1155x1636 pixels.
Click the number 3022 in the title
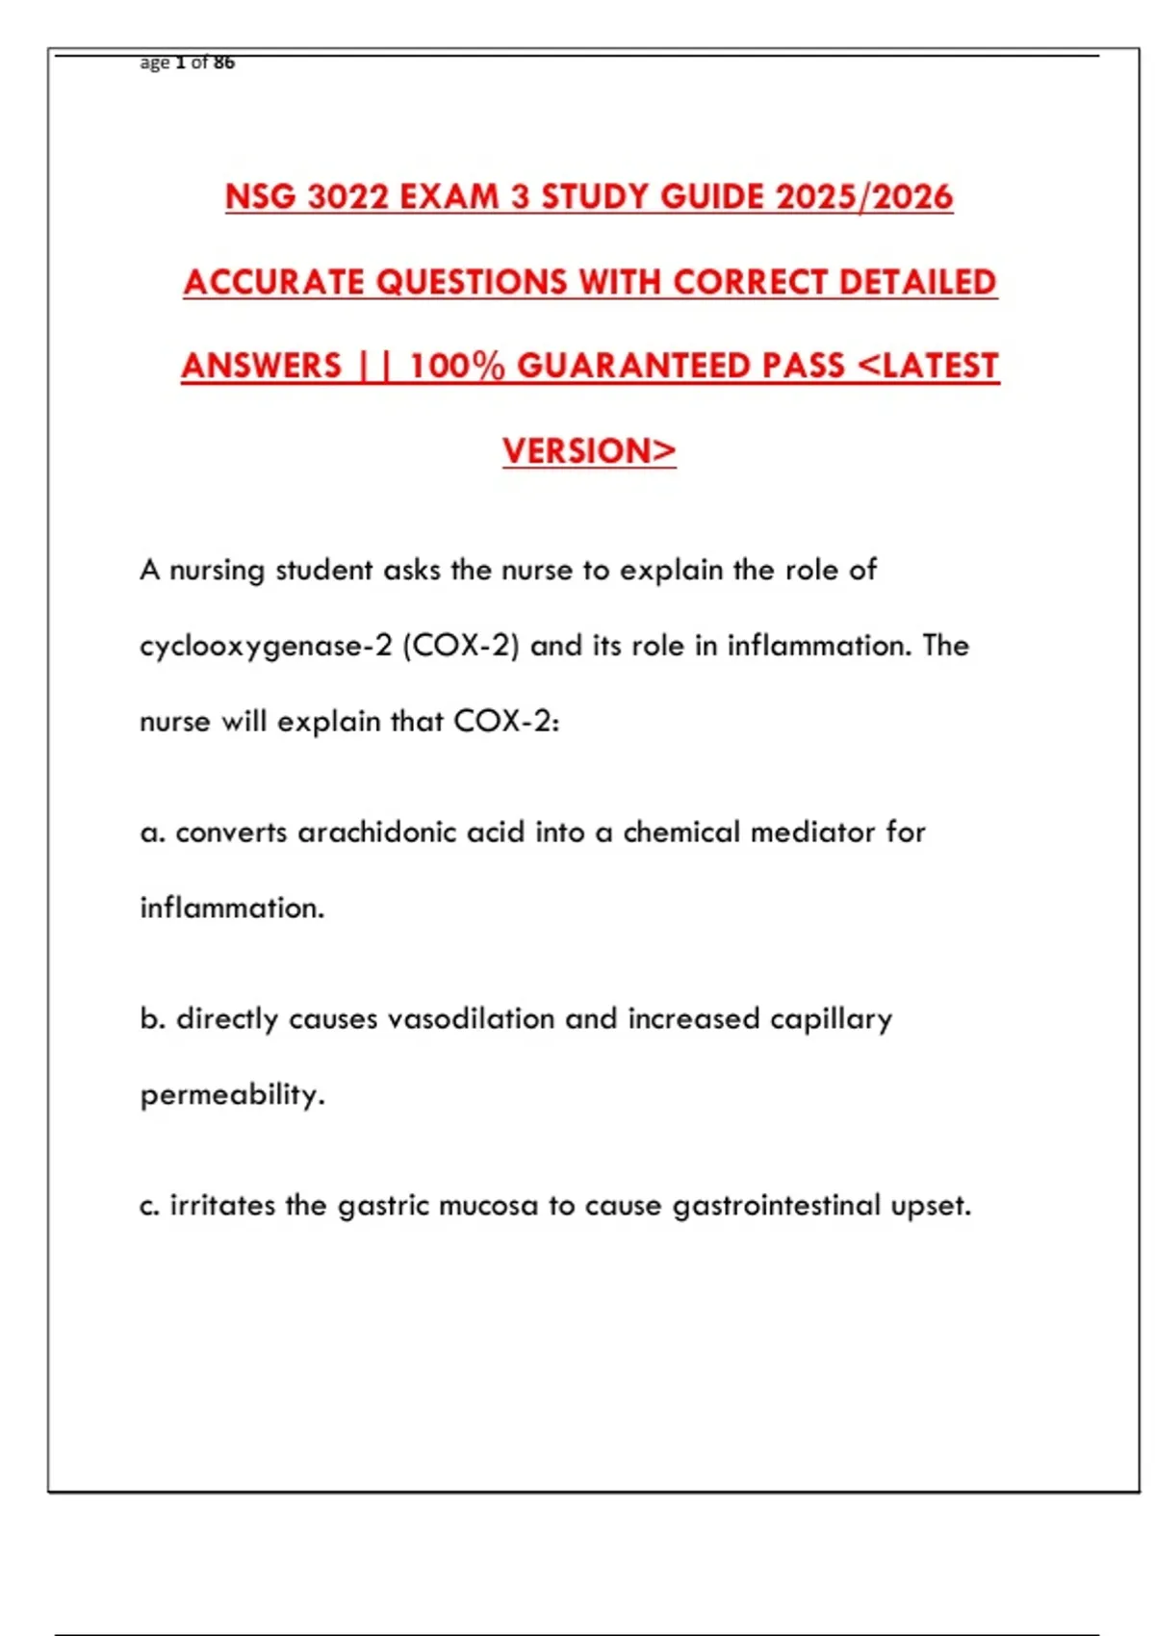click(x=348, y=197)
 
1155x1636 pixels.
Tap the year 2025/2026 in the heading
click(x=863, y=197)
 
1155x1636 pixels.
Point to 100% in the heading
click(x=456, y=367)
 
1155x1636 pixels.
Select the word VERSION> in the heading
click(x=589, y=451)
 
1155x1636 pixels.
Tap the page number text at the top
click(x=188, y=64)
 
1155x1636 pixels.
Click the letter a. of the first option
click(x=152, y=832)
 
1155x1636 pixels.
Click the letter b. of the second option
click(x=153, y=1018)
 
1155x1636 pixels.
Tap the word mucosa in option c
click(x=488, y=1206)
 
